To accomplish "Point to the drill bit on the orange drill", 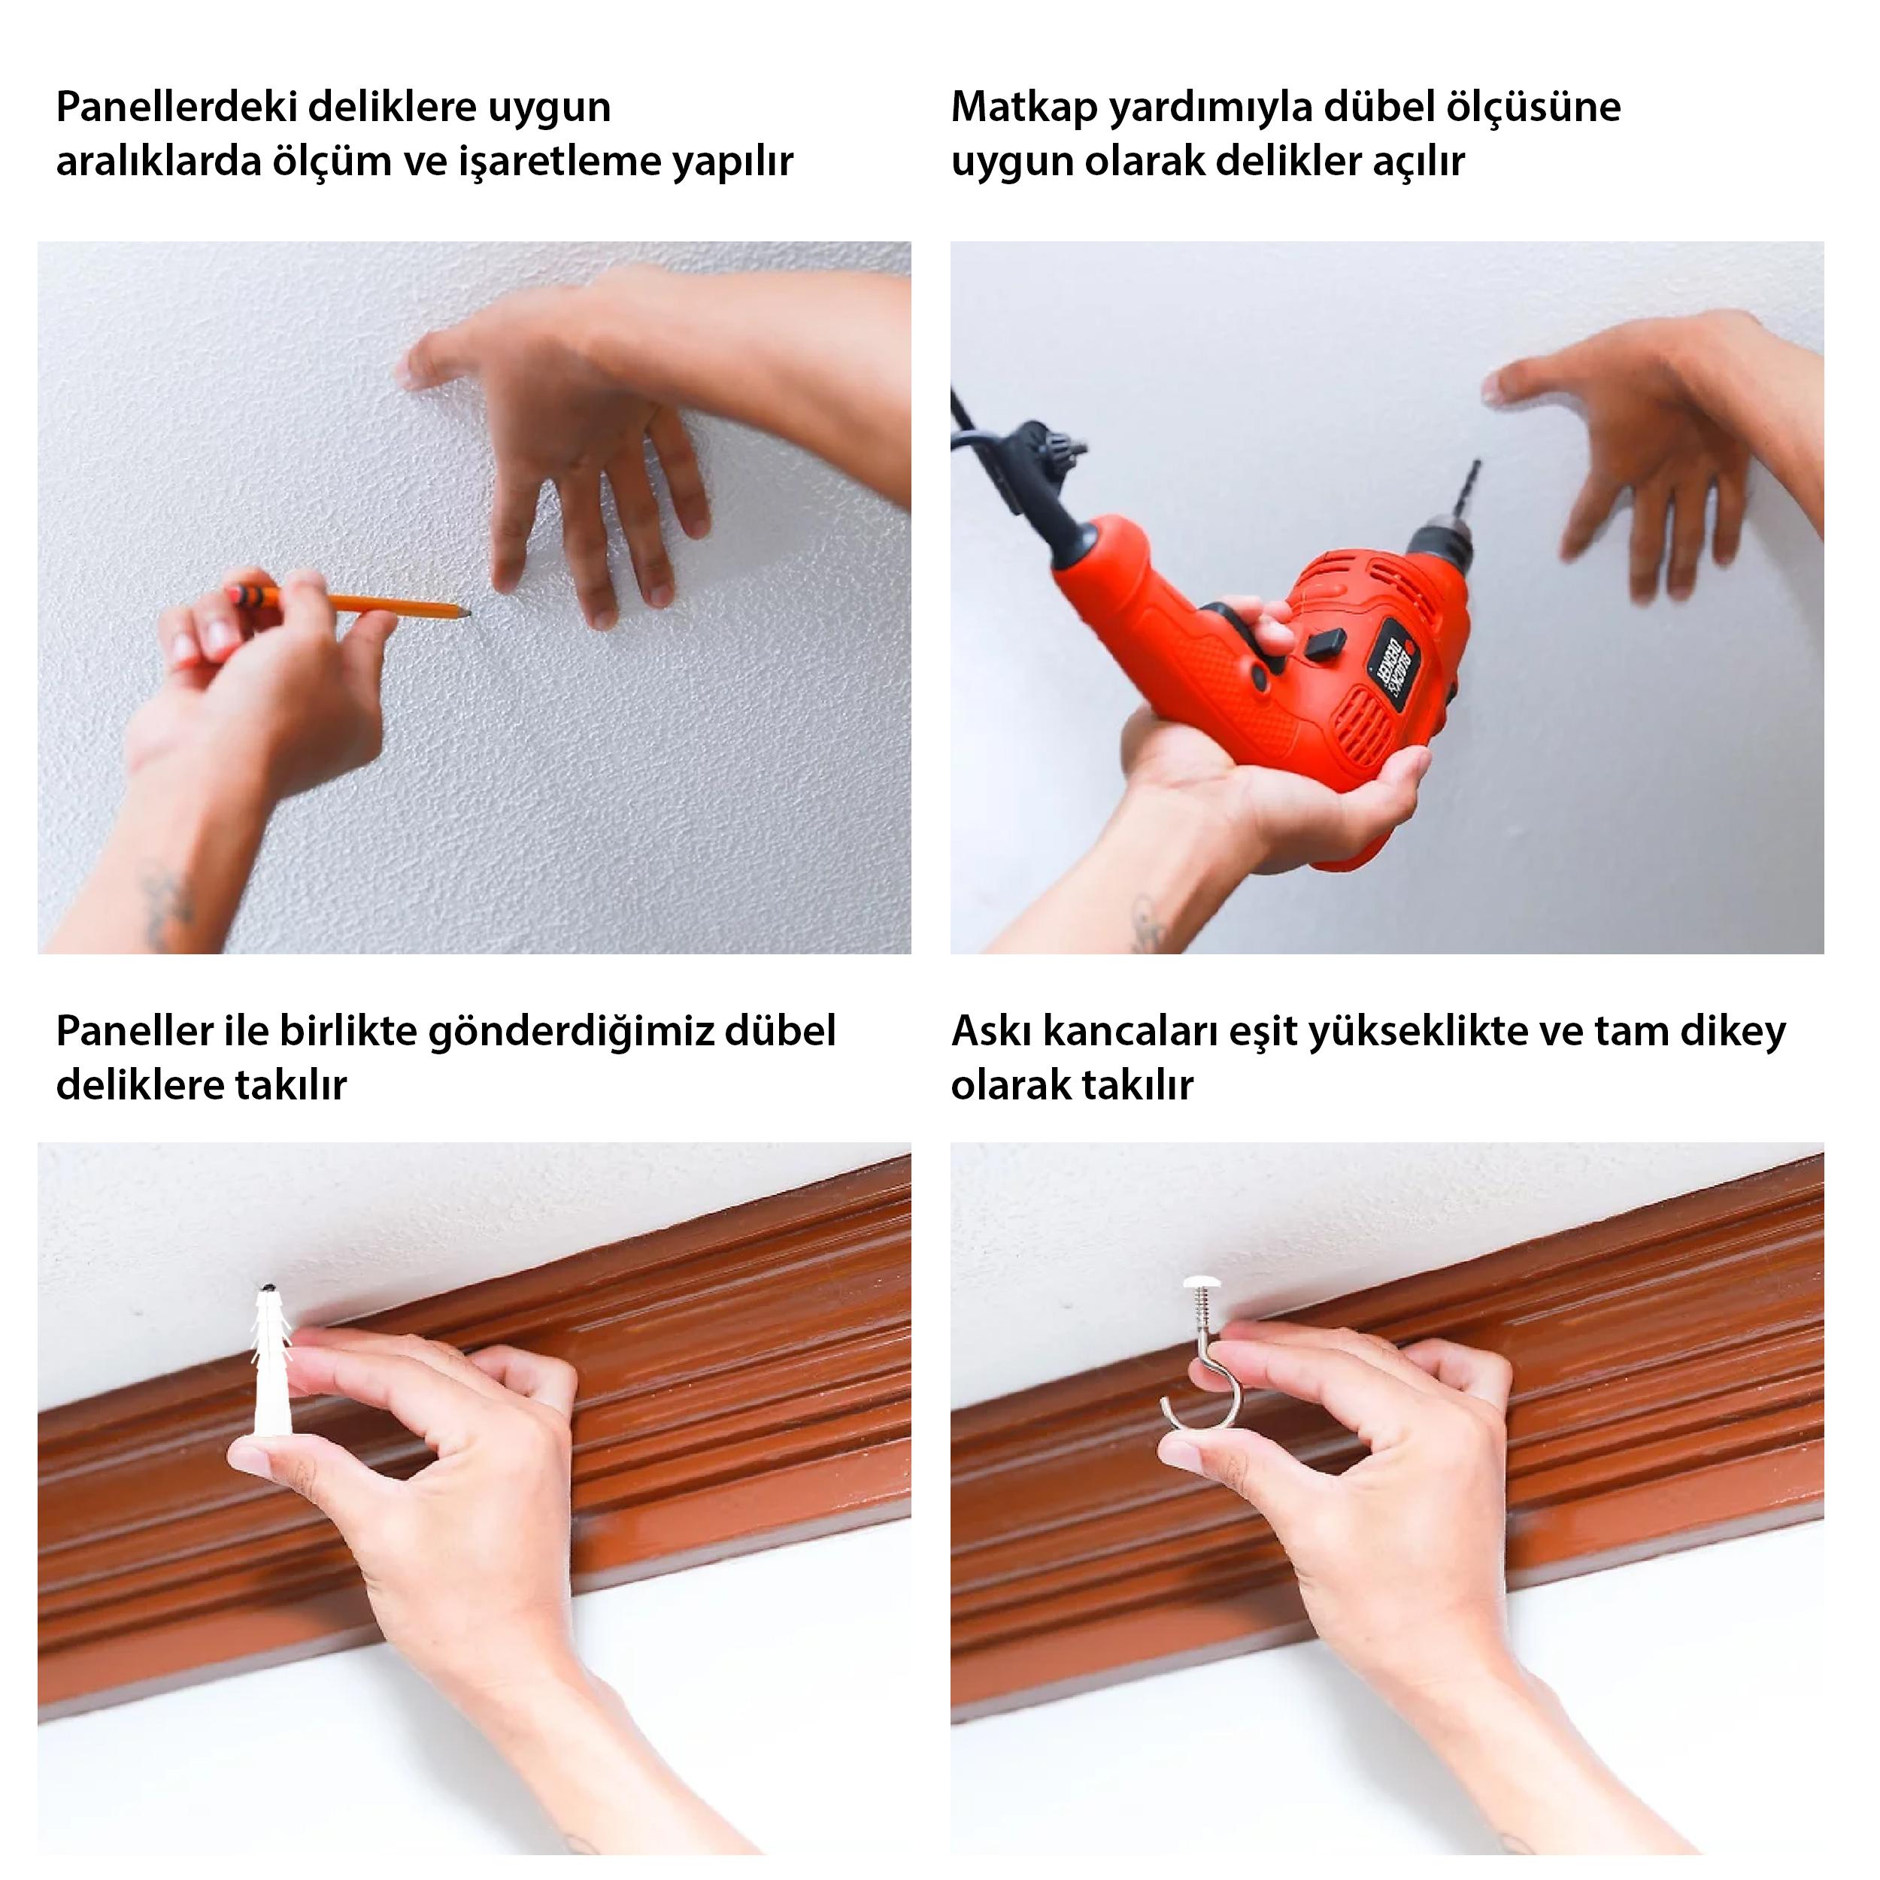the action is coord(1463,496).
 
